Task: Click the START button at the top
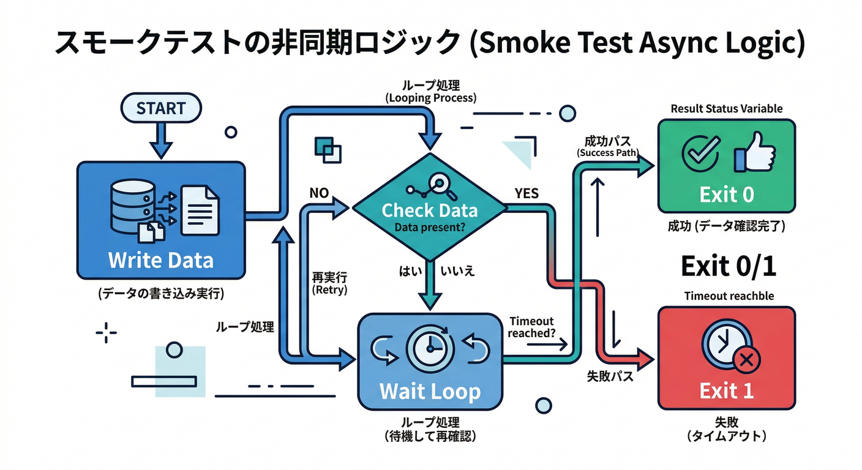pos(161,108)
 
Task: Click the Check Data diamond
pos(429,211)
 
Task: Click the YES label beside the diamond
pos(526,193)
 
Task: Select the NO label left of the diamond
pos(319,193)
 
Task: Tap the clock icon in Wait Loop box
pos(430,348)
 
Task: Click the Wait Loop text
pos(430,391)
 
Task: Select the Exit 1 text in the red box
pos(726,390)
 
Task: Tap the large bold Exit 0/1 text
pos(728,266)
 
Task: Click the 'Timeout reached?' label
pos(531,327)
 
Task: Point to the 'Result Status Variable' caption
pos(726,108)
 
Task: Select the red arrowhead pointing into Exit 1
pos(646,357)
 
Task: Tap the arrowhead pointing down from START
pos(161,149)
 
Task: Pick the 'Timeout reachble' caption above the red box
pos(729,296)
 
